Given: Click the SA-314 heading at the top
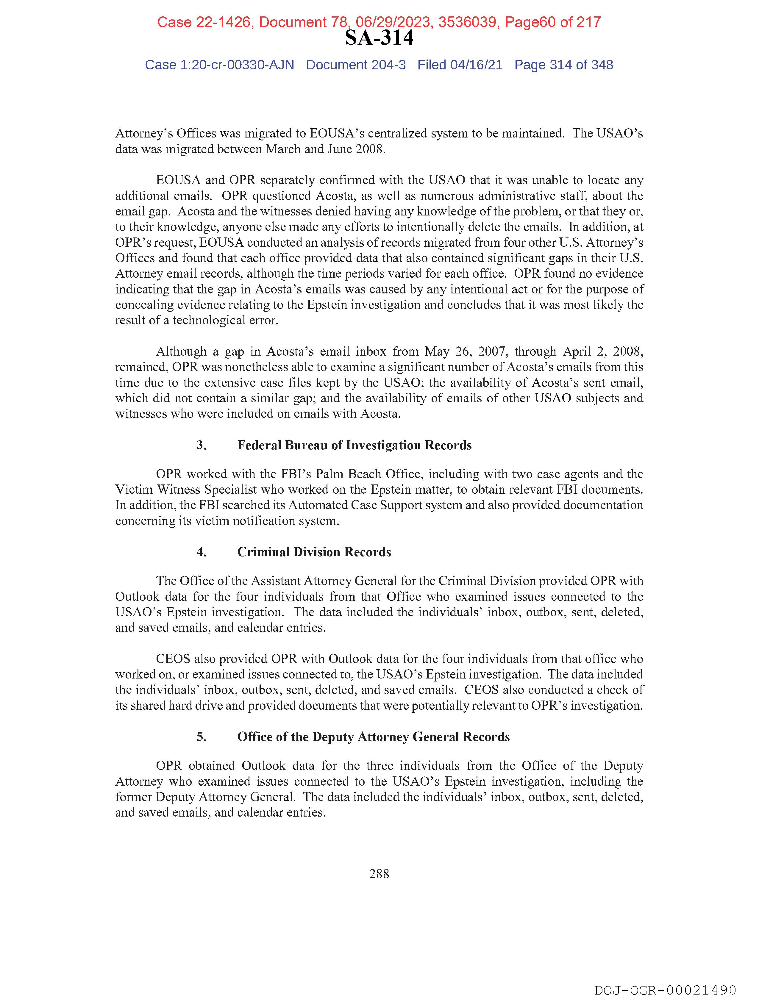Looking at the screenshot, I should click(x=379, y=38).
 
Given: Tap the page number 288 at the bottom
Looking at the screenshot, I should click(x=379, y=873).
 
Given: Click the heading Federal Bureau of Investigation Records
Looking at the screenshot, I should click(x=354, y=445).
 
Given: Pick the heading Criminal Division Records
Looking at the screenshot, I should click(x=314, y=552).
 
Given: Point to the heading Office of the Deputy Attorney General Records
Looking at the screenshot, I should click(x=373, y=737).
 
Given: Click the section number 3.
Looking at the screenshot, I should click(x=202, y=445).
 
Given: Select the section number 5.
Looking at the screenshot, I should click(x=202, y=737).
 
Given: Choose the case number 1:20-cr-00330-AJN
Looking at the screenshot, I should click(x=237, y=65).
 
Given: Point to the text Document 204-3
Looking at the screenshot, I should click(x=356, y=65).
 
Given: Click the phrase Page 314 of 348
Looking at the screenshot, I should click(x=563, y=65).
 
